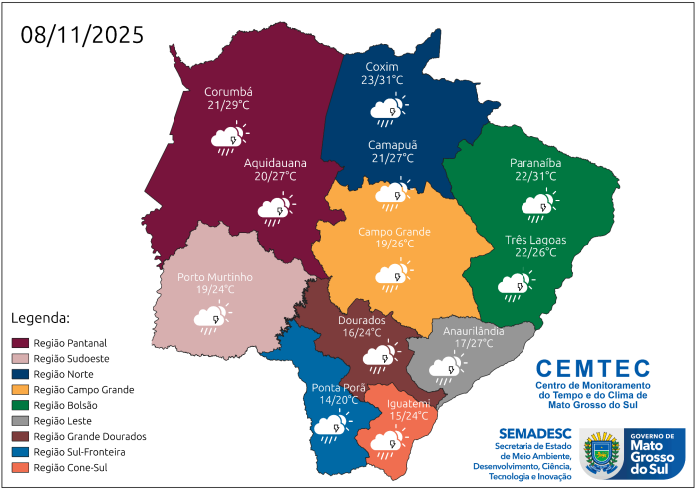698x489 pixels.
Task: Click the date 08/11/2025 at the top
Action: pyautogui.click(x=82, y=34)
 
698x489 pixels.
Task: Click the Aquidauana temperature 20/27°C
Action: pyautogui.click(x=278, y=176)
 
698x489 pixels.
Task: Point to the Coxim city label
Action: pyautogui.click(x=382, y=66)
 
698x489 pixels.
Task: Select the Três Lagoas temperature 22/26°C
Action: pyautogui.click(x=535, y=252)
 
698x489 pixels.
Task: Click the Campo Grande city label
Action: pyautogui.click(x=395, y=232)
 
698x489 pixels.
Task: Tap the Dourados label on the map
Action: pyautogui.click(x=361, y=320)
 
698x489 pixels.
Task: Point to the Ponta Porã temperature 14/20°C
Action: pyautogui.click(x=334, y=400)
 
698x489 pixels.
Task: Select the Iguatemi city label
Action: pyautogui.click(x=410, y=403)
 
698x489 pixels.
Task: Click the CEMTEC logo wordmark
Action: pyautogui.click(x=593, y=368)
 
